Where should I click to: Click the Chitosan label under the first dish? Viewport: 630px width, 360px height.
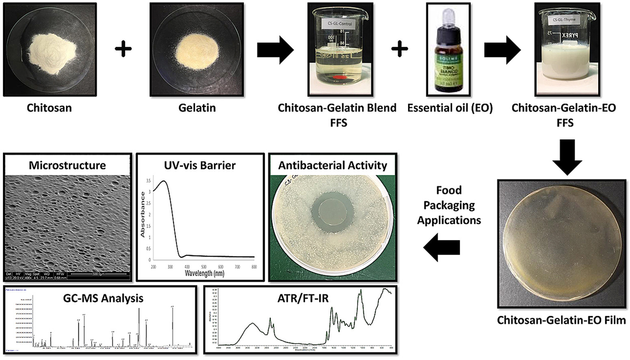[x=49, y=108]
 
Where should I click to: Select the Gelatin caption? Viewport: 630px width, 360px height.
[x=197, y=108]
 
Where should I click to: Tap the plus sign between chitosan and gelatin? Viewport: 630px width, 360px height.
[x=123, y=50]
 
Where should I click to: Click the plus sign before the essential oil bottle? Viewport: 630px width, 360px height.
[x=400, y=50]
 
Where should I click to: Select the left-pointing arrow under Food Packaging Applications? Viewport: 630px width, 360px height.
[x=442, y=247]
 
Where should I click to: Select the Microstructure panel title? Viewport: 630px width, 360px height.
[x=67, y=165]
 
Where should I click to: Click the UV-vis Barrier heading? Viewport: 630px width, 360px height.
[x=200, y=165]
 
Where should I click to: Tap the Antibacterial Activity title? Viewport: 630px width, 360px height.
[x=333, y=165]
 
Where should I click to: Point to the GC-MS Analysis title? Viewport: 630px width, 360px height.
[x=103, y=298]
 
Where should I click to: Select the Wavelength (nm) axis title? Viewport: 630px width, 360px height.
[x=204, y=273]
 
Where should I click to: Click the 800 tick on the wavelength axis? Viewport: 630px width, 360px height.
[x=254, y=267]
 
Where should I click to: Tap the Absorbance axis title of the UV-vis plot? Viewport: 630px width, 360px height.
[x=143, y=215]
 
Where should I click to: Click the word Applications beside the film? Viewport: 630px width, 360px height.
[x=449, y=220]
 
